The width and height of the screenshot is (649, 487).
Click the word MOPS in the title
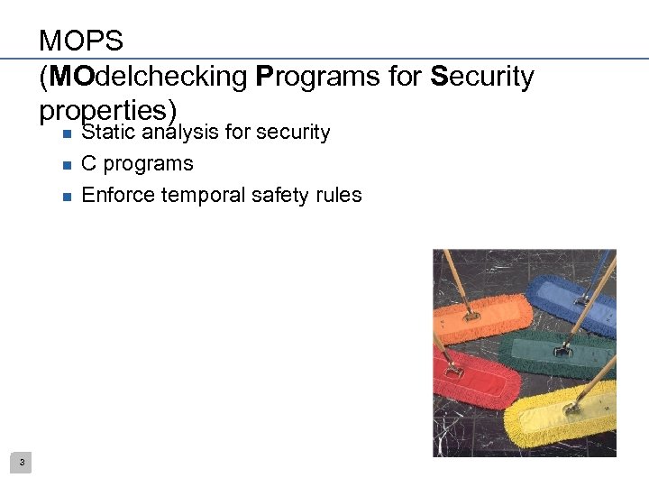81,41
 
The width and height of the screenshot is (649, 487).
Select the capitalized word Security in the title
482,77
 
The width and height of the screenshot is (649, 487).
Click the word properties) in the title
106,110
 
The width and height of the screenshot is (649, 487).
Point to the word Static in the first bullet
105,133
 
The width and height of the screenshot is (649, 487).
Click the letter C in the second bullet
88,164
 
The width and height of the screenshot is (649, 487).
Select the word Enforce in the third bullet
117,195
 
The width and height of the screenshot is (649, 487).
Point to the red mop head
473,374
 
